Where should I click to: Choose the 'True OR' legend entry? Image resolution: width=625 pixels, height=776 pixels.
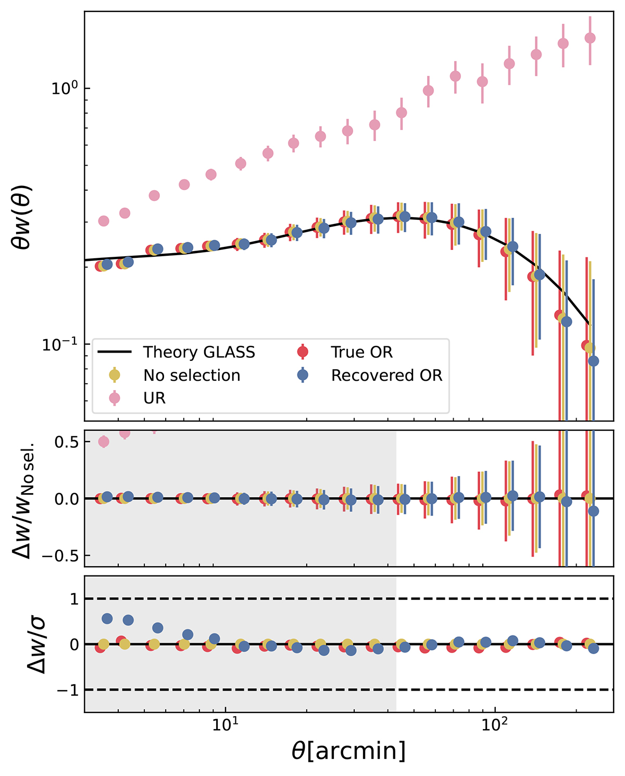coord(361,353)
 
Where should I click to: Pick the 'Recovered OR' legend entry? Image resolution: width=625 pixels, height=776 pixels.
coord(386,376)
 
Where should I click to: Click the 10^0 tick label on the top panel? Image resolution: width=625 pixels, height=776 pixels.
coord(63,88)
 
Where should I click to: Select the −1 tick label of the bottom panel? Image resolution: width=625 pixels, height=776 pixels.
coord(67,690)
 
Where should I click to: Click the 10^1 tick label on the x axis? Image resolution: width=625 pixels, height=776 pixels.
coord(225,725)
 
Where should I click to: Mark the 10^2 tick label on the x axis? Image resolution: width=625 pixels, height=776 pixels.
coord(494,725)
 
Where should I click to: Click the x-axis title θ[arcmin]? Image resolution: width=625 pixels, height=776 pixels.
coord(348,752)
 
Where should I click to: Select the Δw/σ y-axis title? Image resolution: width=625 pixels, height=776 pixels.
coord(36,644)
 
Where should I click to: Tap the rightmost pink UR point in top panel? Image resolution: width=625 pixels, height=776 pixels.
coord(590,38)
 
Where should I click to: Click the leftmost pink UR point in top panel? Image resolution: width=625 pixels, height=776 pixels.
coord(104,221)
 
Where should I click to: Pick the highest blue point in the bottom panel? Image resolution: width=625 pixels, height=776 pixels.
coord(107,619)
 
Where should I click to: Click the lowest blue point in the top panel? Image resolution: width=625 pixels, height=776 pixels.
coord(593,361)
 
